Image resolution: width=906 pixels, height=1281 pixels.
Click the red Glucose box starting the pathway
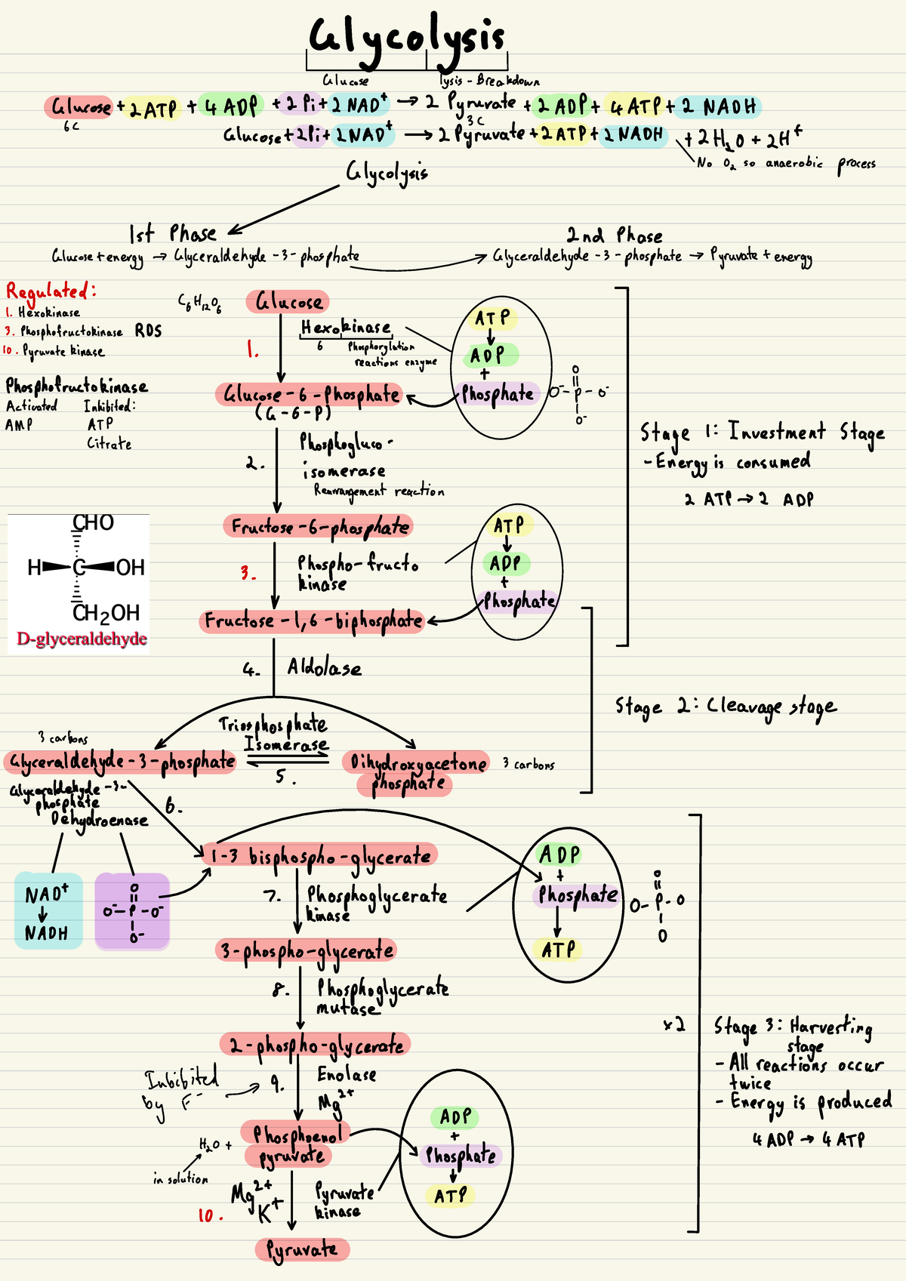click(288, 302)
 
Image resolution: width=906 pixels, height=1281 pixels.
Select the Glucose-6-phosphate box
click(308, 395)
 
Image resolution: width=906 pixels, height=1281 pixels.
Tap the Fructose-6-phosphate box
click(318, 526)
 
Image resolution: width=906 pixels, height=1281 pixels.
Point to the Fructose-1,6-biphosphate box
click(313, 620)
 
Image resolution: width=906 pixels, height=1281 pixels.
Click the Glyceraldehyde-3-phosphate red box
click(121, 762)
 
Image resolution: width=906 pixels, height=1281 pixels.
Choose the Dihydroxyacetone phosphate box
click(415, 773)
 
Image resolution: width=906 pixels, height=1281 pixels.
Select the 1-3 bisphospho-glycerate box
click(321, 855)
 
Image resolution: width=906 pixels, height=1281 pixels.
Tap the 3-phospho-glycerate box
click(307, 950)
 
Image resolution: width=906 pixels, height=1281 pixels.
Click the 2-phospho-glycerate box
click(316, 1045)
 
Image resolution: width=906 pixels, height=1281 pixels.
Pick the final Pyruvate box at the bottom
click(302, 1249)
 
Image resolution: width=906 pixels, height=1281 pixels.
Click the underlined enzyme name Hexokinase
click(346, 328)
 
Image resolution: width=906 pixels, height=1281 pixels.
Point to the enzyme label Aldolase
click(325, 668)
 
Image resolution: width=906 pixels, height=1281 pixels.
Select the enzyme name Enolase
click(347, 1074)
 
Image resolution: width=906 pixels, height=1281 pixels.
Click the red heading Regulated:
click(51, 291)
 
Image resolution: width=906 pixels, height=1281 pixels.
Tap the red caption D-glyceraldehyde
click(82, 639)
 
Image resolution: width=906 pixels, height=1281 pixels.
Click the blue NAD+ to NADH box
click(48, 911)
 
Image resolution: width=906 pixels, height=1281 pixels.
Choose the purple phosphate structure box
click(132, 911)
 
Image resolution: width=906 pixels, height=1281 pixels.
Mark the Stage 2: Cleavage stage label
click(725, 707)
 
